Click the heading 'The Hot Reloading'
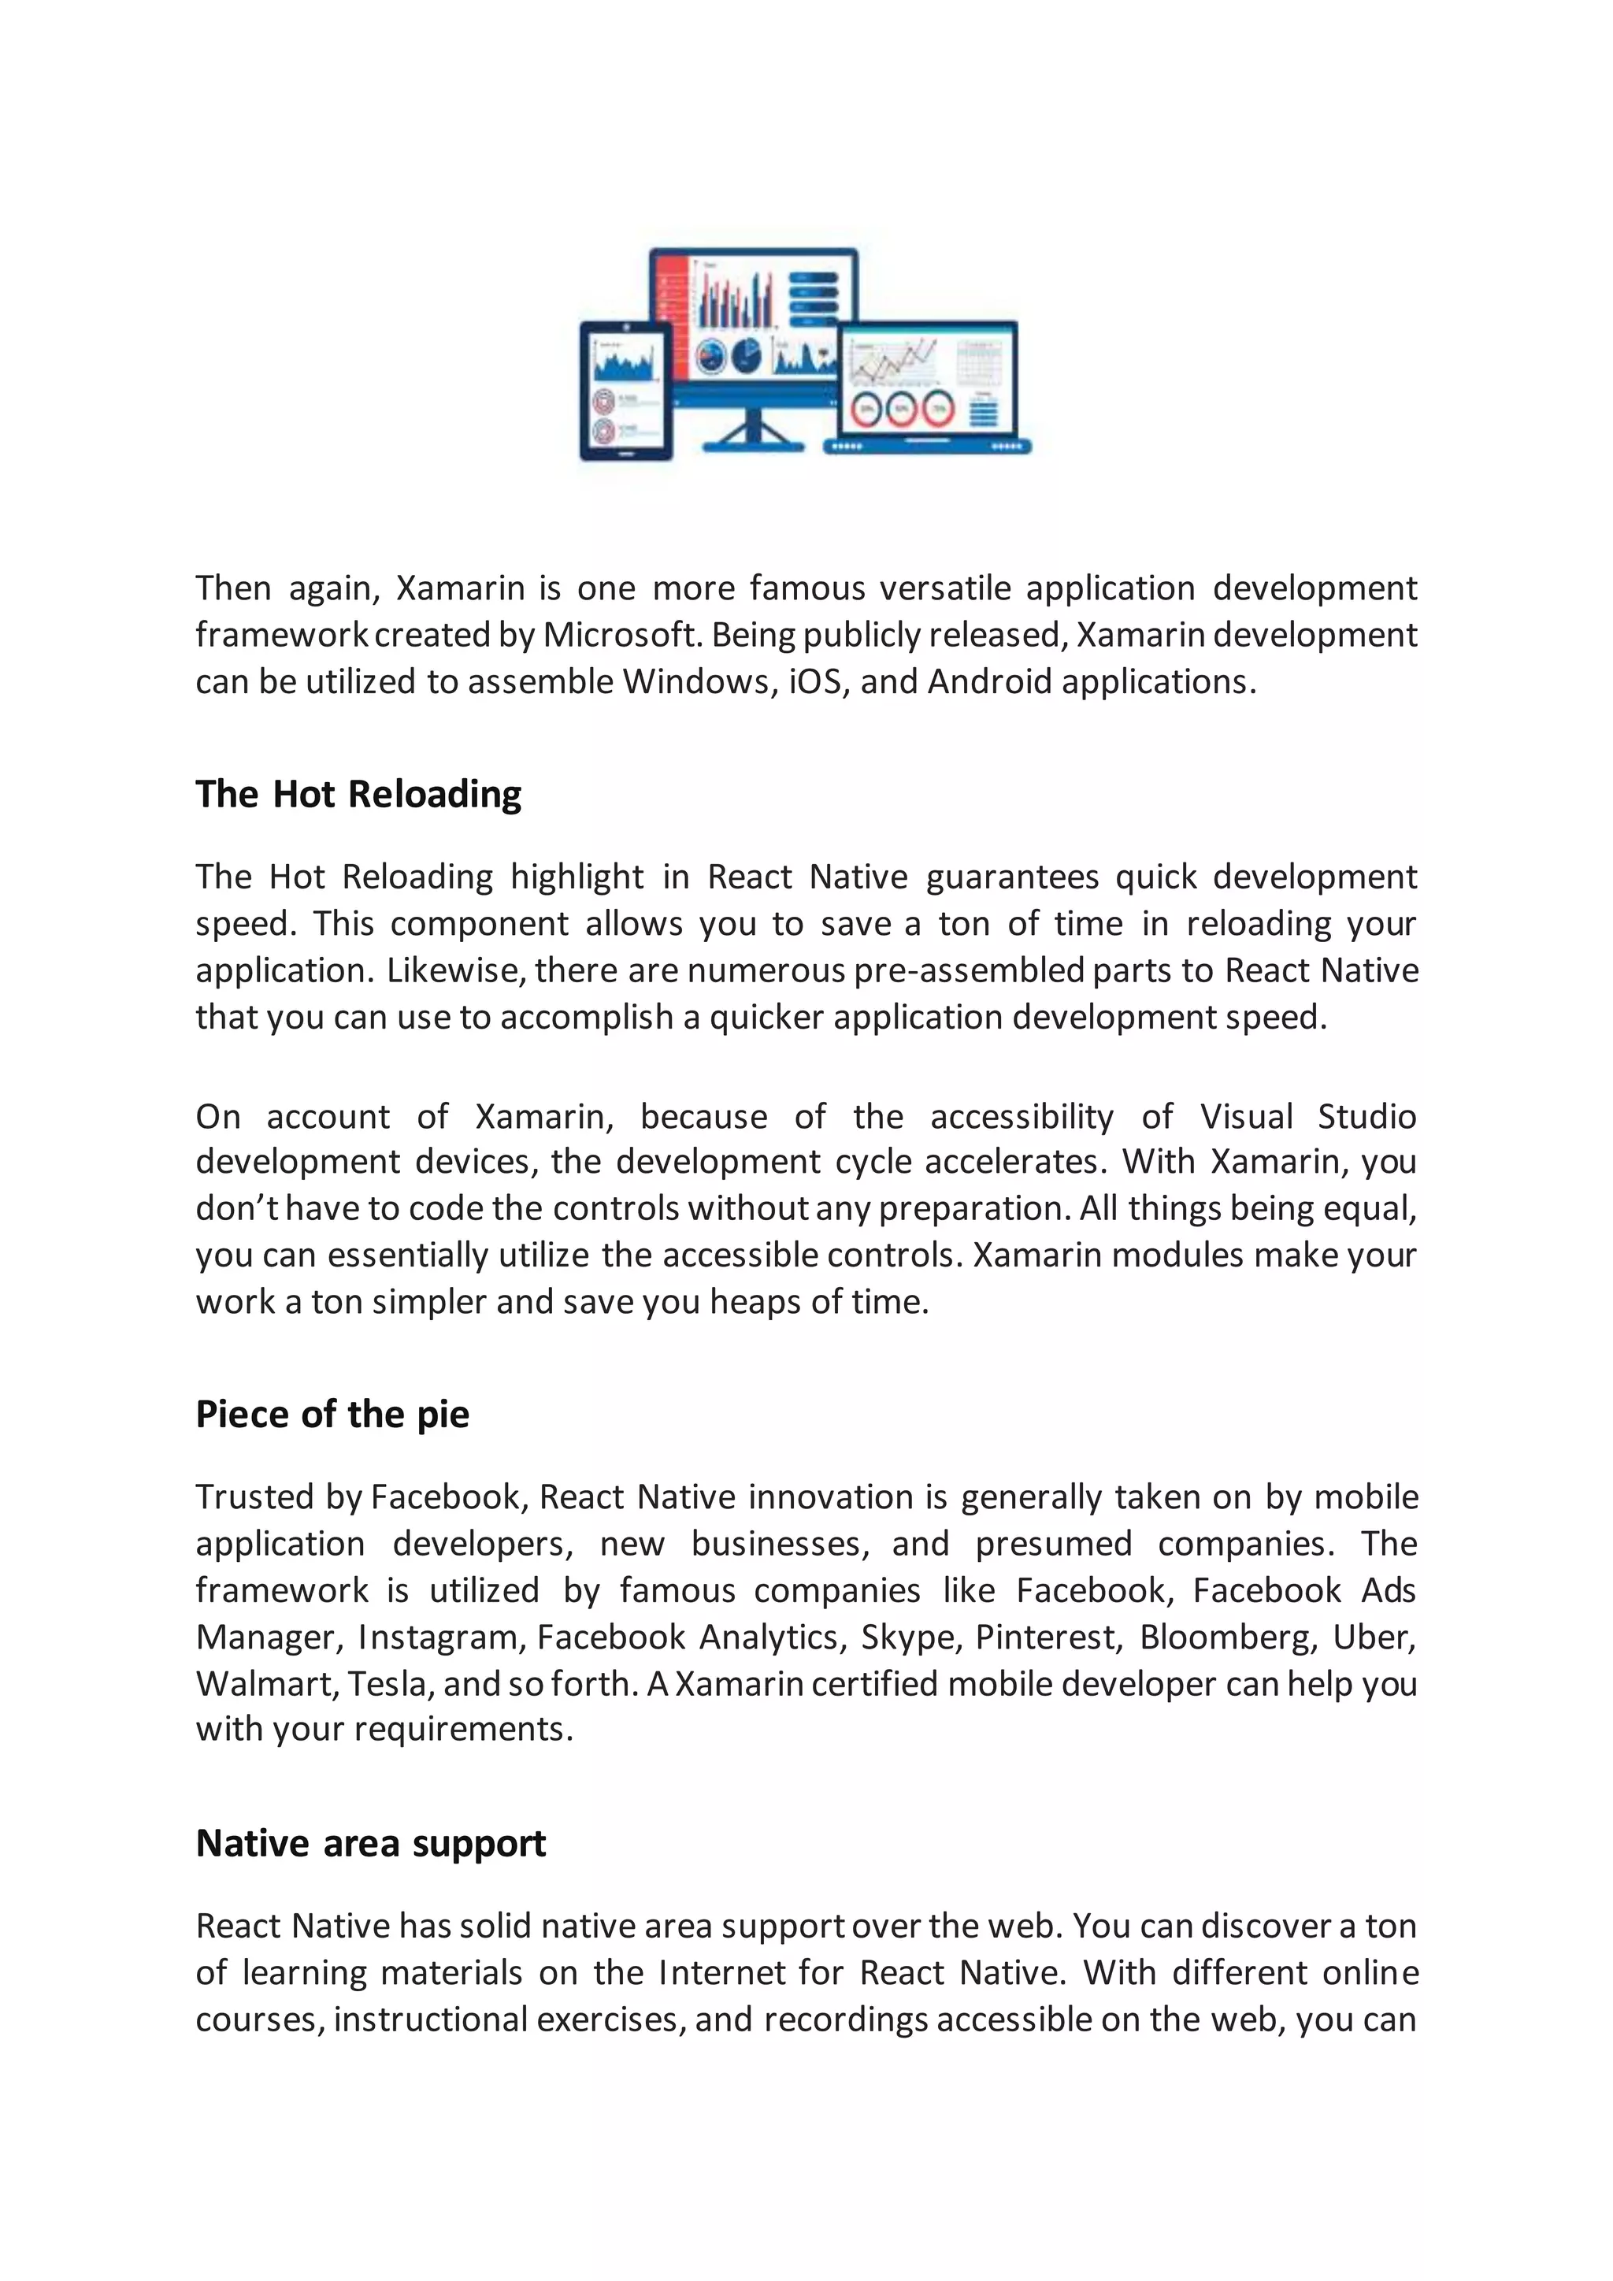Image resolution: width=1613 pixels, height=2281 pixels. pyautogui.click(x=358, y=795)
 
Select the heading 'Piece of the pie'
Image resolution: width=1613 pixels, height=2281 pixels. pyautogui.click(x=332, y=1415)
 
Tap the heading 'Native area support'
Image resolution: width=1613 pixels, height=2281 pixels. pyautogui.click(x=370, y=1844)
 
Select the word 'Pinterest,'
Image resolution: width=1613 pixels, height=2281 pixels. pyautogui.click(x=1048, y=1637)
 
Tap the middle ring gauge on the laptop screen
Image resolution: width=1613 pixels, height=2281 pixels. pyautogui.click(x=901, y=410)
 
